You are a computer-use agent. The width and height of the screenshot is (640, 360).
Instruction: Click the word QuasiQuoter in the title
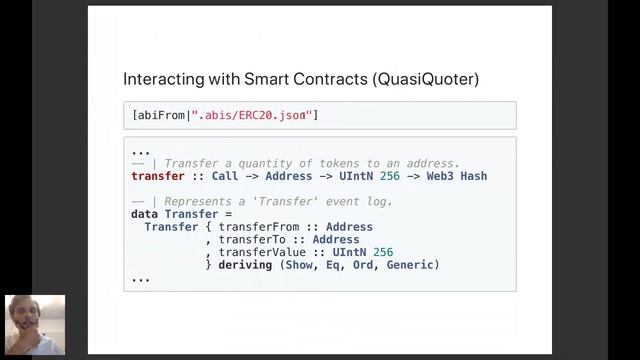click(426, 79)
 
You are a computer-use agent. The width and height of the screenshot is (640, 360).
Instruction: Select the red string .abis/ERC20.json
click(252, 115)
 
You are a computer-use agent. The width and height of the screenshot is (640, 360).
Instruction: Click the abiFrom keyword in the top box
click(161, 115)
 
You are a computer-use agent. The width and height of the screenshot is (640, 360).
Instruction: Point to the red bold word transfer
click(158, 176)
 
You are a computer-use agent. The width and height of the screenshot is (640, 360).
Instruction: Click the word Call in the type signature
click(225, 176)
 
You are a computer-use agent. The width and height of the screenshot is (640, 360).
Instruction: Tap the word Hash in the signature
click(474, 176)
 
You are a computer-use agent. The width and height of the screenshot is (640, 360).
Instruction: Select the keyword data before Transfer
click(144, 214)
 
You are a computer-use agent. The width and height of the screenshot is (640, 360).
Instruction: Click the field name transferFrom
click(259, 227)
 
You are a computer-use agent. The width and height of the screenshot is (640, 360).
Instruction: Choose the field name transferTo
click(252, 240)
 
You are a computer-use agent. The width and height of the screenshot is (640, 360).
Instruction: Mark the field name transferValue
click(262, 252)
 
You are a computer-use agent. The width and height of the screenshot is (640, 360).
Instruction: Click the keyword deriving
click(245, 265)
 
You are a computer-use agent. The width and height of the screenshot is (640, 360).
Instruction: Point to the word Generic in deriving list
click(410, 265)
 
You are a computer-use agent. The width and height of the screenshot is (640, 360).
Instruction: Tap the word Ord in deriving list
click(363, 265)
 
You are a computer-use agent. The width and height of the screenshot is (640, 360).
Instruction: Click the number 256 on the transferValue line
click(383, 252)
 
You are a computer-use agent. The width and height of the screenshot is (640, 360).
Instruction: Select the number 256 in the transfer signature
click(390, 176)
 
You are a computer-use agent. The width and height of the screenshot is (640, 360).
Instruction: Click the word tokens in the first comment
click(339, 164)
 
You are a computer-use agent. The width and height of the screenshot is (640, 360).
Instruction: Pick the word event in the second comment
click(336, 202)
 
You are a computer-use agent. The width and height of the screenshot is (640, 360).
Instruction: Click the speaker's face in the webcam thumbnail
click(25, 315)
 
